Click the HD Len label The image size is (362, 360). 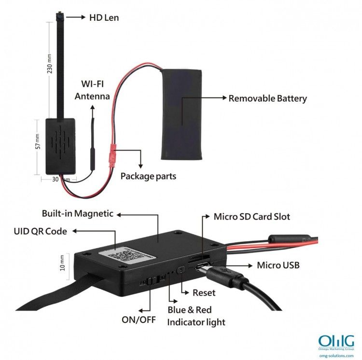pos(104,18)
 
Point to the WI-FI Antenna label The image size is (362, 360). pos(92,90)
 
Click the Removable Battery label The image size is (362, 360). pos(267,98)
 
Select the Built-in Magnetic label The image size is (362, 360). pos(78,213)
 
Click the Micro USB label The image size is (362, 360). pos(278,265)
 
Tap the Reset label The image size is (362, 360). pos(204,292)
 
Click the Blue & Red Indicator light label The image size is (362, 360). pos(196,316)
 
